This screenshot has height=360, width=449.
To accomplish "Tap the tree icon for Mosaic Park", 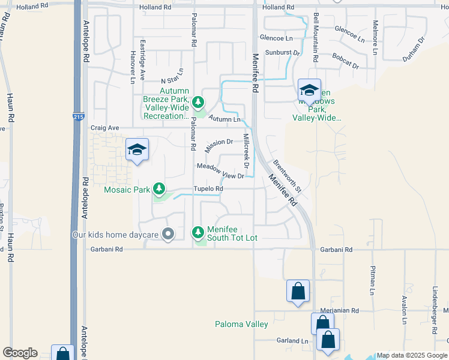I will [159, 189].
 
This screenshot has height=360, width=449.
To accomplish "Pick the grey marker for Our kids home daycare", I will [168, 234].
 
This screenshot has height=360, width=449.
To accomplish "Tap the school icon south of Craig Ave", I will [137, 150].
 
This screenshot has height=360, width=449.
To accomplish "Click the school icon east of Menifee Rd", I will [309, 91].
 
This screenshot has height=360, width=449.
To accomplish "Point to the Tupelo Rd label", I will [208, 188].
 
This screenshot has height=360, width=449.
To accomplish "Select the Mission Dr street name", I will [218, 145].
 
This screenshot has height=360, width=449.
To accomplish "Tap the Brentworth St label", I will [286, 176].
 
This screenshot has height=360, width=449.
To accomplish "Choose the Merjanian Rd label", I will [339, 311].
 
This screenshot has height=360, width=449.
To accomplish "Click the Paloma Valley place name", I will [241, 325].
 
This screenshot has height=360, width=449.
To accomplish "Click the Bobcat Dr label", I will [345, 61].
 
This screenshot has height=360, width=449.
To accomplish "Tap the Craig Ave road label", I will [105, 128].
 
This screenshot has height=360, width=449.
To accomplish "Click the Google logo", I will [20, 353].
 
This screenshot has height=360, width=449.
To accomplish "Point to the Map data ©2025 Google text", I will [412, 355].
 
